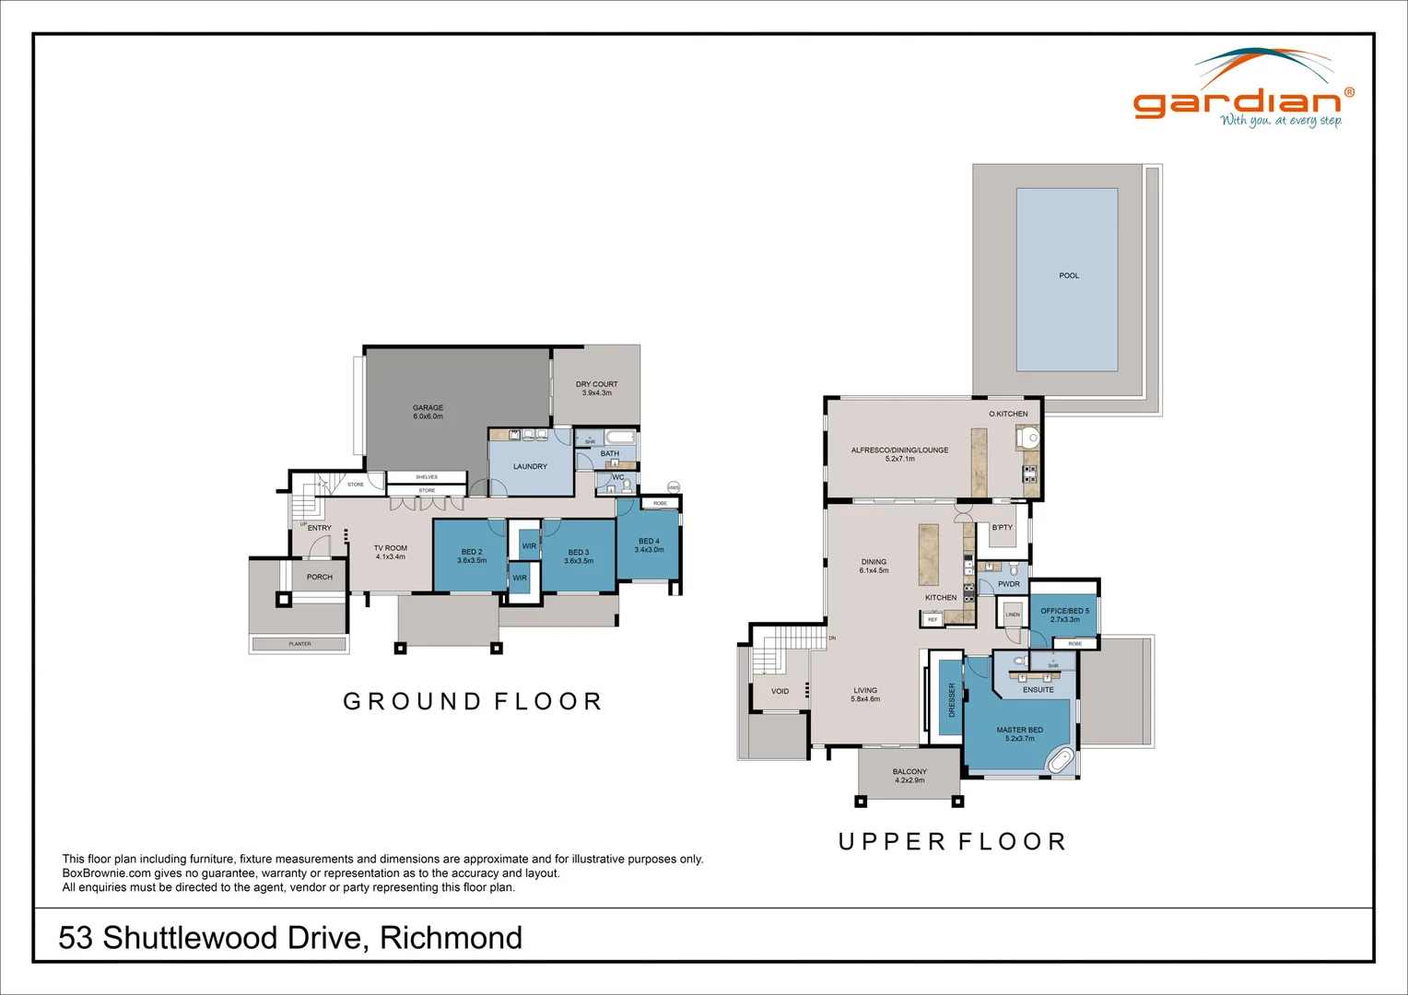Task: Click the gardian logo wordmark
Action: pos(1237,102)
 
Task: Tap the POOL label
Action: pos(1068,275)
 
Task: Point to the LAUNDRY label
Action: pos(530,466)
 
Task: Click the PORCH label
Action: pos(320,577)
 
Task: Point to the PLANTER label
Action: pos(299,644)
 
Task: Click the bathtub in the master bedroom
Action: pos(1062,761)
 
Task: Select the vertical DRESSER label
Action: pos(952,699)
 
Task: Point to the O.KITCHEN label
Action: pos(1008,414)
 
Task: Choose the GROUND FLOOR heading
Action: pos(473,702)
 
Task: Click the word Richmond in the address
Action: pos(451,938)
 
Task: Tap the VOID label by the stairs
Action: pos(780,691)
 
